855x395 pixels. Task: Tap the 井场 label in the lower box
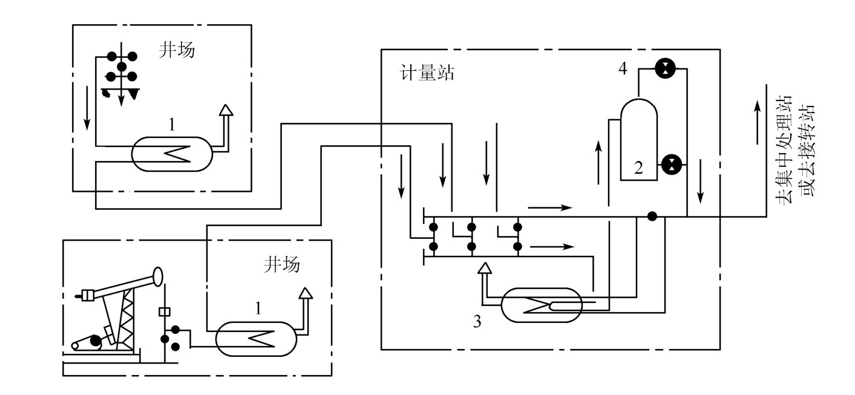click(x=281, y=264)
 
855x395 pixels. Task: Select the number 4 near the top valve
click(x=622, y=68)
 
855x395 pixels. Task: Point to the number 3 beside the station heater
click(x=477, y=322)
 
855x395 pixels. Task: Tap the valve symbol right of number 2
click(x=670, y=163)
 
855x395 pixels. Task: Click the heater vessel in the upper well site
click(x=172, y=152)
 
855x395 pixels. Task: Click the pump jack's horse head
click(x=159, y=276)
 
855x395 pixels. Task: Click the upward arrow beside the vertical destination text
click(x=757, y=121)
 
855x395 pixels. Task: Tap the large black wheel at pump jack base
click(x=96, y=343)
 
